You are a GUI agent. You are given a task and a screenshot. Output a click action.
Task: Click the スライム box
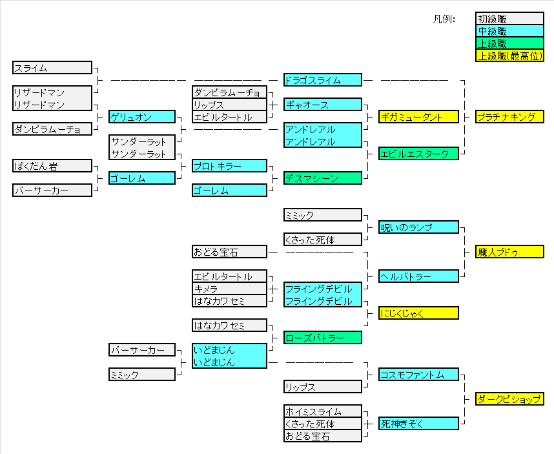[52, 68]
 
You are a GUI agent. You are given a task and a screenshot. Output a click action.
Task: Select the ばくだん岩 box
[52, 166]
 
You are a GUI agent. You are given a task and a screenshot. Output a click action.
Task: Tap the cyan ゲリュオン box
[142, 117]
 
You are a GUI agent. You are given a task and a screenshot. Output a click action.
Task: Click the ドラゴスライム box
[322, 80]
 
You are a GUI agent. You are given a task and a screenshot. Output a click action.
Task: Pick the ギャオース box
[322, 105]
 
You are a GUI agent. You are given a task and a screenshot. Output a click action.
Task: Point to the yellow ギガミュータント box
[418, 117]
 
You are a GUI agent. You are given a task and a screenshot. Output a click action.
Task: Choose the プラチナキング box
[509, 117]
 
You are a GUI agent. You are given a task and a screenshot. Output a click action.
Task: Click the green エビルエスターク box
[418, 154]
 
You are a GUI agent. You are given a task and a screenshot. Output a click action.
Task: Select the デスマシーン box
[322, 178]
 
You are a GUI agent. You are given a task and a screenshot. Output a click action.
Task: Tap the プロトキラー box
[229, 166]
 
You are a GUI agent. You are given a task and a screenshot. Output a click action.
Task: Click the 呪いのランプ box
[418, 227]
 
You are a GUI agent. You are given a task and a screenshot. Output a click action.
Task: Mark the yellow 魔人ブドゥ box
[509, 252]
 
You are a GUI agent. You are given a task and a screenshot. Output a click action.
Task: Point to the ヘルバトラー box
[418, 276]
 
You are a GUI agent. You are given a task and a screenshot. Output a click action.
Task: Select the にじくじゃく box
[418, 313]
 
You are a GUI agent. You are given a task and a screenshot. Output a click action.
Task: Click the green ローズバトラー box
[322, 338]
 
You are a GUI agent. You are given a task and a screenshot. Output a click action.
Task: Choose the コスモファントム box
[418, 375]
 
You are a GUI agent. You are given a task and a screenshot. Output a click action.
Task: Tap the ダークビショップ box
[509, 399]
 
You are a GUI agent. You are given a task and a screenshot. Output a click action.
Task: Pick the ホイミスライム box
[322, 411]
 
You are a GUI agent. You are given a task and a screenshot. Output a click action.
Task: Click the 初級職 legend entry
[509, 19]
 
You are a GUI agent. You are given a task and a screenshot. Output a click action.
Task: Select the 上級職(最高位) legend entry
[509, 56]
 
